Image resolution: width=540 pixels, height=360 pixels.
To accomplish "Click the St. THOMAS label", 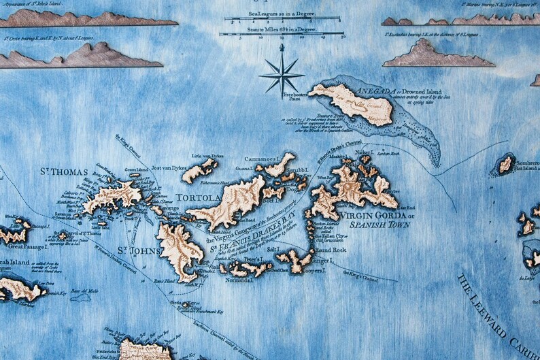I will [x=64, y=172].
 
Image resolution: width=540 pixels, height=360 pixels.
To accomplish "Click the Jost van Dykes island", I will [x=199, y=170].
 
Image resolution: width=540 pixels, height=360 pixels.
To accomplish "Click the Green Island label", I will [x=135, y=170].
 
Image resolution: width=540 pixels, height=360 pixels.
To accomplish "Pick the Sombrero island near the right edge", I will [x=505, y=164].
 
